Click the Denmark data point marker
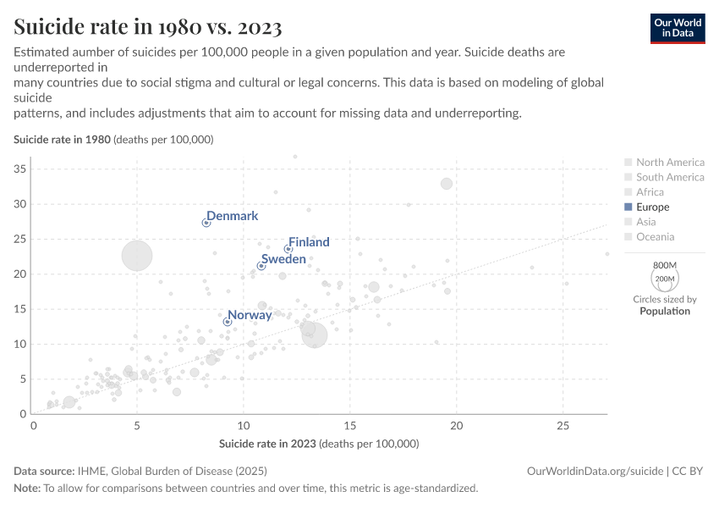pyautogui.click(x=206, y=223)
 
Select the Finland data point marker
pyautogui.click(x=288, y=249)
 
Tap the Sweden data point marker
pyautogui.click(x=261, y=266)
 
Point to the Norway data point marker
pyautogui.click(x=228, y=322)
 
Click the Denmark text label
pyautogui.click(x=233, y=216)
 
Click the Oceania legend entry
pyautogui.click(x=656, y=237)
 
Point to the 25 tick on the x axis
pyautogui.click(x=563, y=426)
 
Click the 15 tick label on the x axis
pyautogui.click(x=350, y=426)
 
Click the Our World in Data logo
pyautogui.click(x=677, y=28)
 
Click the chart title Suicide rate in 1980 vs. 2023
pyautogui.click(x=148, y=26)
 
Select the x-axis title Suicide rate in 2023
pyautogui.click(x=319, y=444)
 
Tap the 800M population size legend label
pyautogui.click(x=664, y=266)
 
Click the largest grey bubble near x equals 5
pyautogui.click(x=137, y=255)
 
